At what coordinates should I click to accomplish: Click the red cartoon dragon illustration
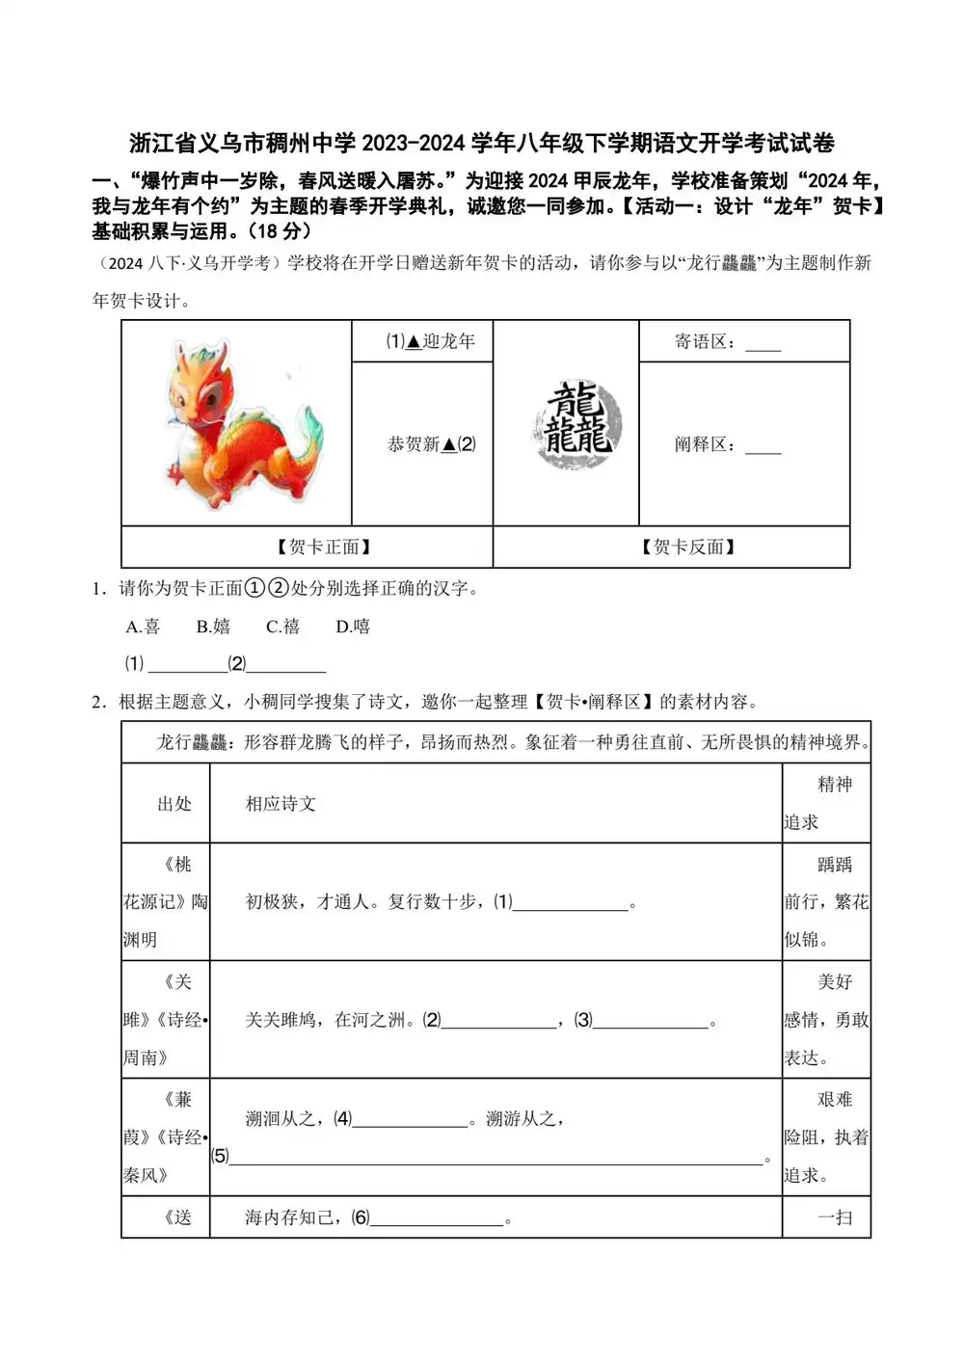(x=239, y=421)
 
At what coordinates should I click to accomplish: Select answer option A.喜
(x=143, y=627)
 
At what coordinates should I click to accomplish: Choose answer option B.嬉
(x=213, y=627)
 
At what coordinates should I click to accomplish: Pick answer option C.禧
(x=282, y=627)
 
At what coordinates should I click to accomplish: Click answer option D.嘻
(x=353, y=627)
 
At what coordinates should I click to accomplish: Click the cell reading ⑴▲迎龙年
(x=430, y=341)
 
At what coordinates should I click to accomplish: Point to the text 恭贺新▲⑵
(x=431, y=444)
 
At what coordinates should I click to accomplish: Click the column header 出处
(x=174, y=804)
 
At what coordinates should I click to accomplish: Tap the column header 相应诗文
(x=281, y=804)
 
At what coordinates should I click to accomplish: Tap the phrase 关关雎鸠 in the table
(x=280, y=1020)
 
